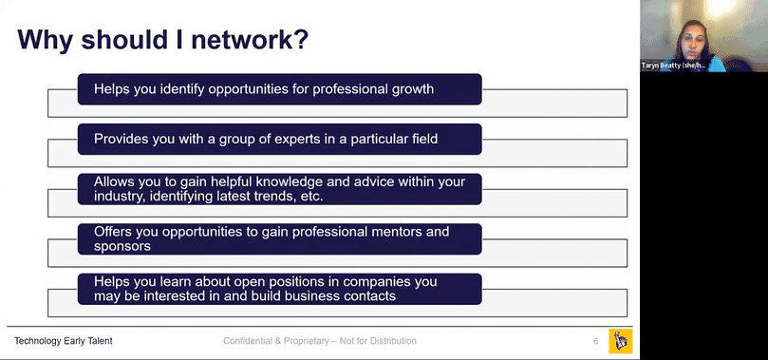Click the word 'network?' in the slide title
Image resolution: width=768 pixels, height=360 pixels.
pos(250,39)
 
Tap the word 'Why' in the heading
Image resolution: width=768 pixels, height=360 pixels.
pos(46,40)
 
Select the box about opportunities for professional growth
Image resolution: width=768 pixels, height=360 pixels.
pos(280,89)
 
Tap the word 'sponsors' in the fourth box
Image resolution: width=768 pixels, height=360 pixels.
pos(122,246)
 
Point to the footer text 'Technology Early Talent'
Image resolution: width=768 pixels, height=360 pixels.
pos(64,341)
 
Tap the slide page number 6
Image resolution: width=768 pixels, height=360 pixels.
pos(595,341)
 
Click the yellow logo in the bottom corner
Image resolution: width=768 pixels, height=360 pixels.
pos(621,341)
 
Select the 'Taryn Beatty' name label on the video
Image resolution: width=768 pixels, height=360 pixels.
pos(673,66)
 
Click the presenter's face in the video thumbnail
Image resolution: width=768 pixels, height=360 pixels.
pos(694,40)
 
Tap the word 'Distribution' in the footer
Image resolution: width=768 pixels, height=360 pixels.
pos(393,341)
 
